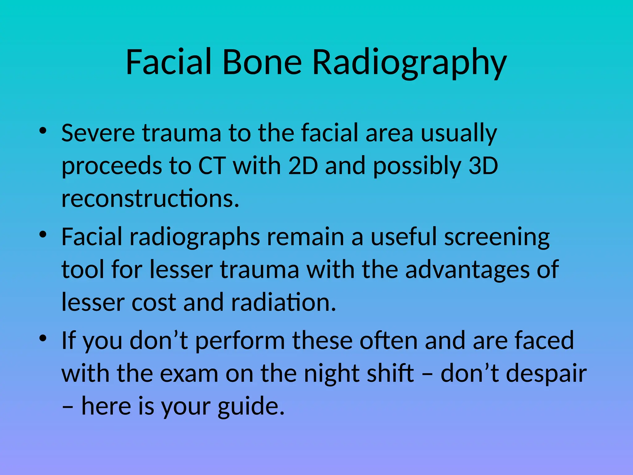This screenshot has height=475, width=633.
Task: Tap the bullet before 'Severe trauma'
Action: click(43, 131)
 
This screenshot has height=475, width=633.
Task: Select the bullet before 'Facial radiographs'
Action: click(43, 235)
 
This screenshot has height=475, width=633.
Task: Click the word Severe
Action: click(98, 133)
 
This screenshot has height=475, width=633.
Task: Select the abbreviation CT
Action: click(212, 166)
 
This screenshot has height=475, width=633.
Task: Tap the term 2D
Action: click(303, 166)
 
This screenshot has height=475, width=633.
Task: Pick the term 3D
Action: click(483, 166)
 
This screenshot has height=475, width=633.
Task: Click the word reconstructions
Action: click(150, 199)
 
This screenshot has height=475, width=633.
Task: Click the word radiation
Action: click(283, 302)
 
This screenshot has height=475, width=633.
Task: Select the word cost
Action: click(154, 302)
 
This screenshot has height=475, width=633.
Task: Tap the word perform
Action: click(240, 341)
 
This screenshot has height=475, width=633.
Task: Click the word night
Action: click(332, 374)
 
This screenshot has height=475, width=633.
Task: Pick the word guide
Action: click(251, 406)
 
